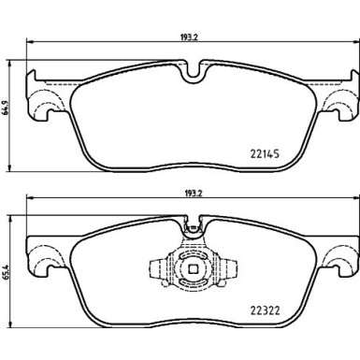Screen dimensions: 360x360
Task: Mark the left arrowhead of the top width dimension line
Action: [x=30, y=41]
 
